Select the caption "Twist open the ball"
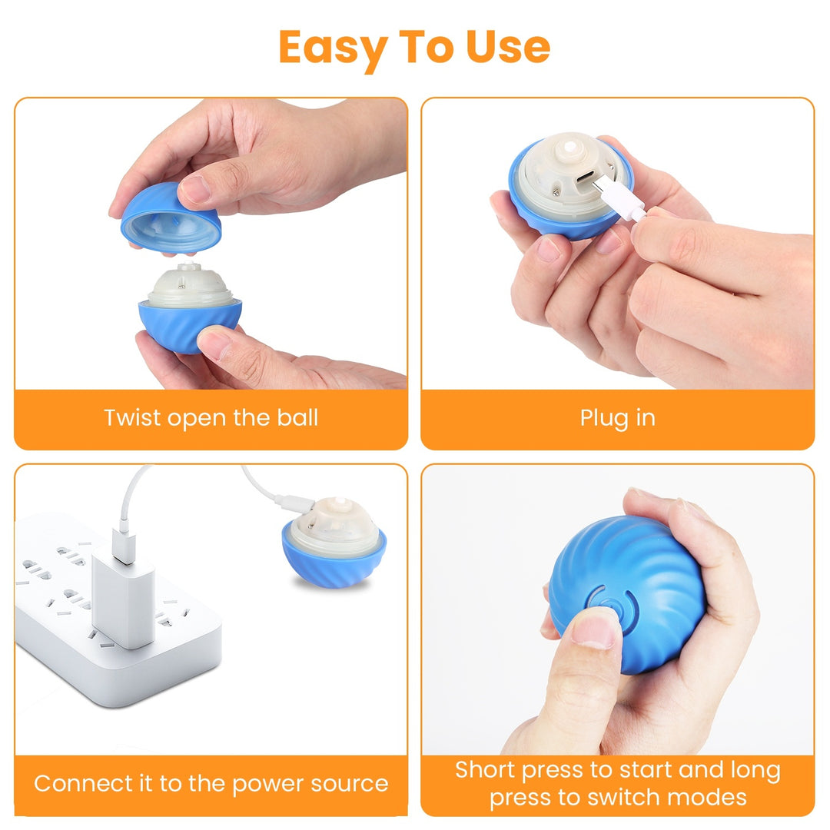[x=211, y=418]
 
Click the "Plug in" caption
[x=617, y=418]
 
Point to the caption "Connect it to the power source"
[x=211, y=784]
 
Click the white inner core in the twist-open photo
[x=189, y=287]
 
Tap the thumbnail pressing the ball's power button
[x=594, y=630]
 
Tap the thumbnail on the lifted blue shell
[x=195, y=189]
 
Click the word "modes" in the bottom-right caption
[x=708, y=797]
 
